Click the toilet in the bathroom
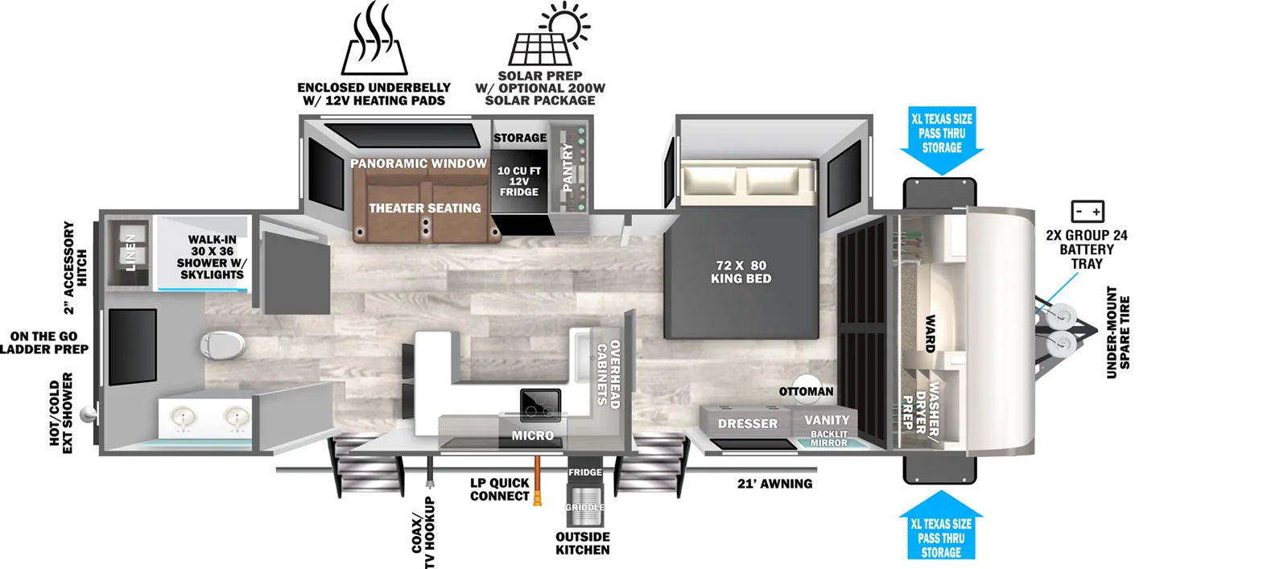[222, 345]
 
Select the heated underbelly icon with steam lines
[374, 38]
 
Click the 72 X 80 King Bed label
[741, 272]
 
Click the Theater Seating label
[425, 208]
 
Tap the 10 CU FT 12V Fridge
[518, 182]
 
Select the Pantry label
[568, 167]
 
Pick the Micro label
[533, 435]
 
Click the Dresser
[747, 423]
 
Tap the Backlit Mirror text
[828, 439]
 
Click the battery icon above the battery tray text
[1088, 212]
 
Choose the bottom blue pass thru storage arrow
[941, 525]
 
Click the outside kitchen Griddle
[584, 505]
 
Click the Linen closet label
[131, 253]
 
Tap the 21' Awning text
[774, 484]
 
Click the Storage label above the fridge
[520, 138]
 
